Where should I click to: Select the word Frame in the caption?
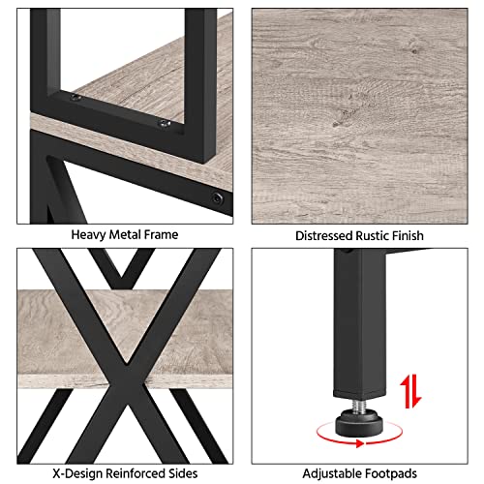pos(161,234)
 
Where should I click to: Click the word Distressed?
pos(323,236)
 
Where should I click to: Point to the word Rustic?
pos(372,236)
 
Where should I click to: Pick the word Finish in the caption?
pos(408,236)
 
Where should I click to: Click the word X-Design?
pos(77,473)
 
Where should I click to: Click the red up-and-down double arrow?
pos(410,391)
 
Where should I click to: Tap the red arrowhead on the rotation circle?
pos(360,443)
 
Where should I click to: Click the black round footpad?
pos(359,423)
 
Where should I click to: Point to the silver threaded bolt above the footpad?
pos(359,405)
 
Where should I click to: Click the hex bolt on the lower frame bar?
pos(217,197)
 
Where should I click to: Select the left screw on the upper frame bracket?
pos(76,97)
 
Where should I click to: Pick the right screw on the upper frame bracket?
pos(165,123)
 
